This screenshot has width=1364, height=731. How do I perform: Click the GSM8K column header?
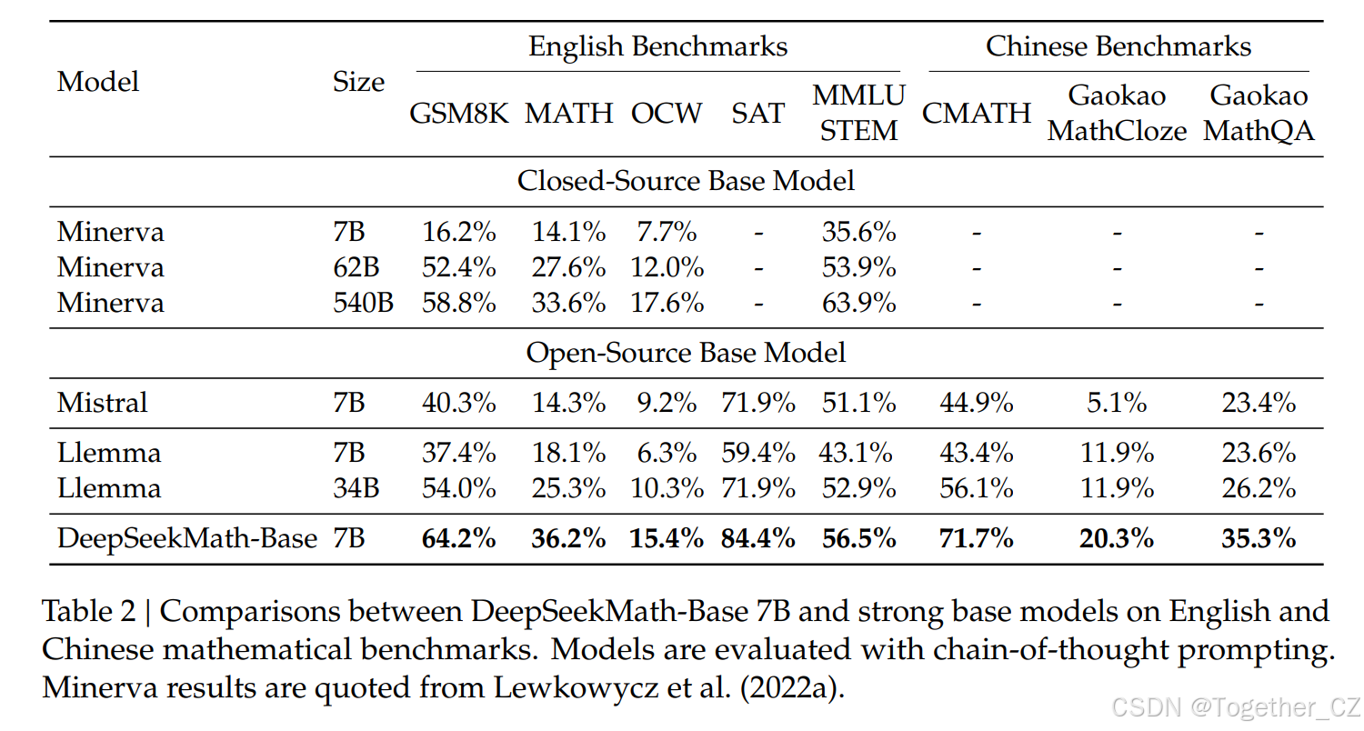(x=458, y=114)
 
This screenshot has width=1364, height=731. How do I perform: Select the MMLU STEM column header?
(x=858, y=114)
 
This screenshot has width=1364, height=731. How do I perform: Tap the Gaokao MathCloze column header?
(x=1117, y=114)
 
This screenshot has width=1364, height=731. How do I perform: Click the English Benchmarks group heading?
(x=657, y=46)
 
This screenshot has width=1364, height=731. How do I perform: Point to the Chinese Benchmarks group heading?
(x=1118, y=46)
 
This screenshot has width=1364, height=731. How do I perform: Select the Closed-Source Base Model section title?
(x=686, y=180)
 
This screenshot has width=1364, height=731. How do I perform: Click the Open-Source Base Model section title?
(x=686, y=352)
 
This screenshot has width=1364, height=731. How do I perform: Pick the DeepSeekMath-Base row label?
(x=187, y=538)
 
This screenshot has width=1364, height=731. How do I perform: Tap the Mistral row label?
(x=102, y=402)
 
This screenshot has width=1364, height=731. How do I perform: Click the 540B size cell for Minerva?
(x=363, y=302)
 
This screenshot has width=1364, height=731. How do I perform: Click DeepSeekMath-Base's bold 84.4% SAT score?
(x=757, y=538)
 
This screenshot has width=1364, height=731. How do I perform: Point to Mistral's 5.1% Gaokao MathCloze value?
(x=1117, y=402)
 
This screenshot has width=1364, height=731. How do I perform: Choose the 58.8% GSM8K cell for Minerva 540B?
(x=458, y=302)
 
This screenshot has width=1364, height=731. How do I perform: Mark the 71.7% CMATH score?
(x=976, y=538)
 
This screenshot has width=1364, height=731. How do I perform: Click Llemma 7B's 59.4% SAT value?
(x=757, y=453)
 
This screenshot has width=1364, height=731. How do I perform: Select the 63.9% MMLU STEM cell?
(x=858, y=302)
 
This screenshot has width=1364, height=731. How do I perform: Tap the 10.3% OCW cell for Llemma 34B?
(x=667, y=488)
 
